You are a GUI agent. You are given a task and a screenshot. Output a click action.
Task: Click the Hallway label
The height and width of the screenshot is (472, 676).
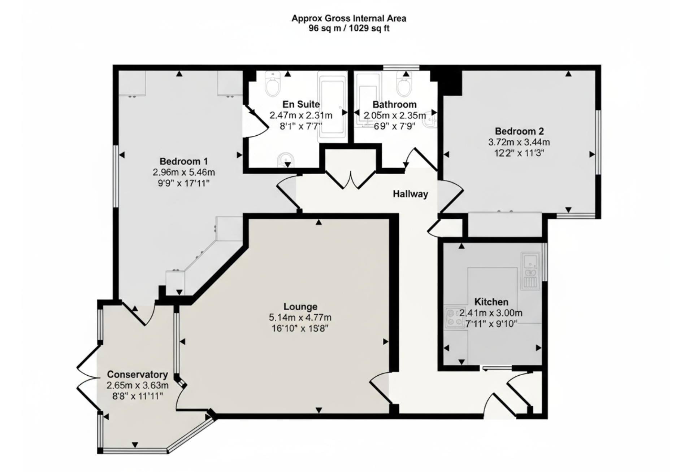(x=410, y=194)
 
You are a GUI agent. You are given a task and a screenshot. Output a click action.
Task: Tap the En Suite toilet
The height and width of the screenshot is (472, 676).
(x=273, y=83)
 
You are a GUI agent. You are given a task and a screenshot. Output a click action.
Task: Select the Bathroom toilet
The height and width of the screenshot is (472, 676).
(x=404, y=83)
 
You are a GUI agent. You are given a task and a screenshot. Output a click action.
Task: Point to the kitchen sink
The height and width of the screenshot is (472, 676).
(x=530, y=270)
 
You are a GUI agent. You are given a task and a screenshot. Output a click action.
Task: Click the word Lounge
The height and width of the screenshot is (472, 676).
(x=300, y=307)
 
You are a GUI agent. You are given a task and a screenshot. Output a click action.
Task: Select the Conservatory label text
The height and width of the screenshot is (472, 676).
(x=138, y=375)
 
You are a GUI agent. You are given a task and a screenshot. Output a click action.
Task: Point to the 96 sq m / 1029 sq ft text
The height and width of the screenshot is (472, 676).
(x=349, y=29)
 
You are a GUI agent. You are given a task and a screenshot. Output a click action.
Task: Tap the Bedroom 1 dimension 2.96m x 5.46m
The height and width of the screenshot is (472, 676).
(x=184, y=172)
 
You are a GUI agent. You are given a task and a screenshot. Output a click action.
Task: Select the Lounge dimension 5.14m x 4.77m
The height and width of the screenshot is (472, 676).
(x=300, y=318)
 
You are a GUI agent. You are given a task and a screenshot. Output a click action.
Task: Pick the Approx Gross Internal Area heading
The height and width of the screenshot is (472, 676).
(x=349, y=18)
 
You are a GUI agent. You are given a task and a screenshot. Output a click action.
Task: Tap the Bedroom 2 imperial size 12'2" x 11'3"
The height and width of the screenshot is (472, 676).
(x=519, y=153)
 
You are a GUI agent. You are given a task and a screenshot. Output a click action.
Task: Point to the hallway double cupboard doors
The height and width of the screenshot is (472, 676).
(x=351, y=179)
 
